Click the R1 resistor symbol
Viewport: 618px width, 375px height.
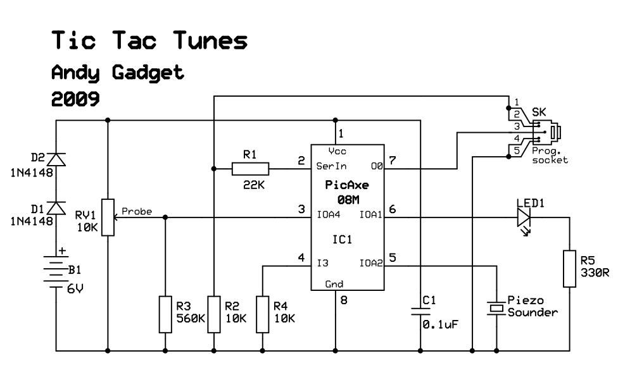point(250,169)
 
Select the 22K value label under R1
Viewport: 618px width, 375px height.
point(254,185)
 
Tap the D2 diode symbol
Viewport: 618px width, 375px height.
point(56,159)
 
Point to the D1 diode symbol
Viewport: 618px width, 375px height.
point(56,208)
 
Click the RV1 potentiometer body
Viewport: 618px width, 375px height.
point(108,217)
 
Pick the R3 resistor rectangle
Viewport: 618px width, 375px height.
point(165,314)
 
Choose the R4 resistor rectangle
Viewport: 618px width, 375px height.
point(263,314)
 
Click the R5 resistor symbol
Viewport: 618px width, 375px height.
point(569,268)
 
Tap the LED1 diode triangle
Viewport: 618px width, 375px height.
point(524,217)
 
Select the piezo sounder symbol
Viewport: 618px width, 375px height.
point(496,308)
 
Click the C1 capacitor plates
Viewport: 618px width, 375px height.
point(420,311)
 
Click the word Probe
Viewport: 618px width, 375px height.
point(137,211)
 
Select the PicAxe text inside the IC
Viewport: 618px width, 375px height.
point(347,185)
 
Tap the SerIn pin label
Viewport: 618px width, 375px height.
point(331,166)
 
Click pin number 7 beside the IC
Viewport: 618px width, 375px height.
point(392,160)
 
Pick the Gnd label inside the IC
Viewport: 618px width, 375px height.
point(334,284)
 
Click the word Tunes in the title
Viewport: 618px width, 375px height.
point(210,40)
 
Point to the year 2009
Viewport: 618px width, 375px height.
point(75,99)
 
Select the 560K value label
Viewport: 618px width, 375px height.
point(191,318)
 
